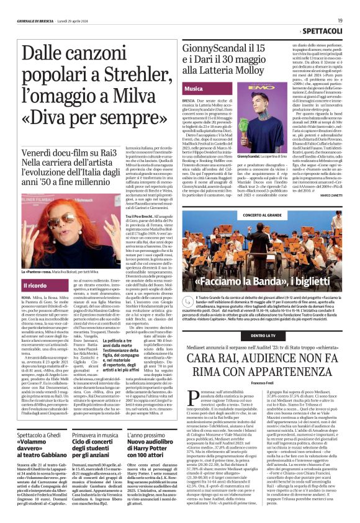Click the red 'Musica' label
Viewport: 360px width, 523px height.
pos(194,89)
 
